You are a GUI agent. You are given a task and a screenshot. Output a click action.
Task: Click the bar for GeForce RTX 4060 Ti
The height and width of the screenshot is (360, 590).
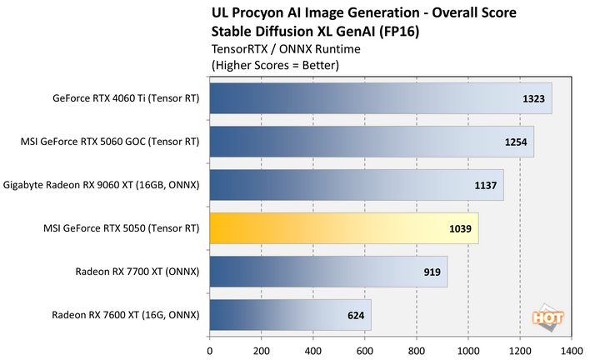tap(380, 98)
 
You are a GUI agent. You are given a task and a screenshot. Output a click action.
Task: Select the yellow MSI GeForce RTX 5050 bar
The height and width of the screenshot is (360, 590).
tap(343, 227)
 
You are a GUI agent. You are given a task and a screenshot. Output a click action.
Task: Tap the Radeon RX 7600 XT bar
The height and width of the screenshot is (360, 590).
tap(290, 316)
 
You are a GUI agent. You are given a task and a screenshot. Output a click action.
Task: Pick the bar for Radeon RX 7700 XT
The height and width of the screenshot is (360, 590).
tap(328, 272)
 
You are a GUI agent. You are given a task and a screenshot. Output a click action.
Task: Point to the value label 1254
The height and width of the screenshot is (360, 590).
tap(516, 142)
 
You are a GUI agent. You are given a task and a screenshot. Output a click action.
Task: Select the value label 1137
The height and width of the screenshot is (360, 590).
tap(486, 185)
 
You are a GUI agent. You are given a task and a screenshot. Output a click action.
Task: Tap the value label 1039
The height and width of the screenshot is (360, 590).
tap(461, 228)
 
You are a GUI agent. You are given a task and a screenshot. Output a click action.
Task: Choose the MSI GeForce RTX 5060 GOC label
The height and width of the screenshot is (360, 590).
tap(111, 142)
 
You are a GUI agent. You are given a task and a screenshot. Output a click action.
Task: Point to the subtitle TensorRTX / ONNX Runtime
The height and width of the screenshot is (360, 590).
tap(275, 47)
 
